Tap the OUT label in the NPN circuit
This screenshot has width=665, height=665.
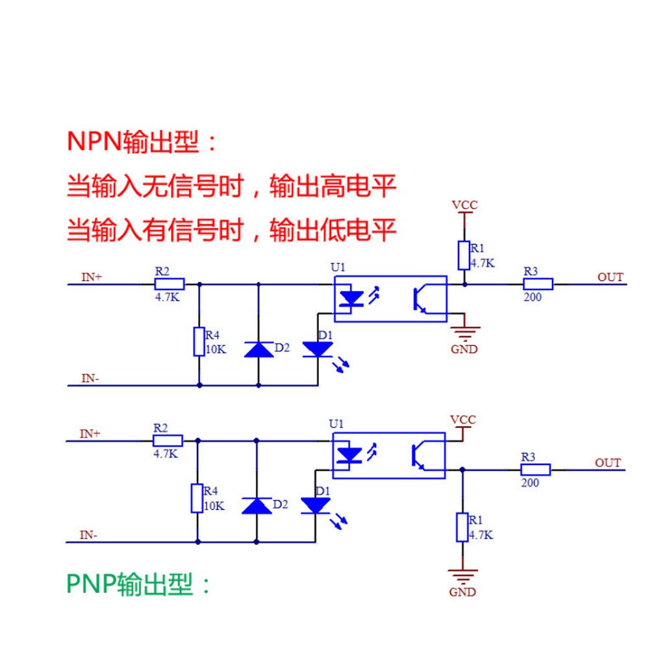tap(610, 277)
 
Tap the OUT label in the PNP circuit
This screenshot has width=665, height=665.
tap(608, 463)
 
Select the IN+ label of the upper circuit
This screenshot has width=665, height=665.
tap(92, 277)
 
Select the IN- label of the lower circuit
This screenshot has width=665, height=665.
tap(89, 536)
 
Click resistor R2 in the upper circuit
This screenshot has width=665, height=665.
tap(169, 284)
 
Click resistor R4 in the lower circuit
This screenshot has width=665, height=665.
tap(197, 498)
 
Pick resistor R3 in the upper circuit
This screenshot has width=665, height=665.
tap(538, 284)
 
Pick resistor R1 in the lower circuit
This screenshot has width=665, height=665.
tap(462, 527)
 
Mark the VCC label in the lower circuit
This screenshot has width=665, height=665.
tap(462, 420)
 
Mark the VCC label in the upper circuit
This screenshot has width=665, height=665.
tap(464, 205)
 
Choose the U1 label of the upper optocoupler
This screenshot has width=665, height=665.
tap(338, 267)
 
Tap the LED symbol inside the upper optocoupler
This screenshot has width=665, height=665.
tap(352, 299)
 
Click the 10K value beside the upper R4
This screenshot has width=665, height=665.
tap(216, 349)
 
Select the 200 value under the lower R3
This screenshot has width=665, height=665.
tap(530, 483)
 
